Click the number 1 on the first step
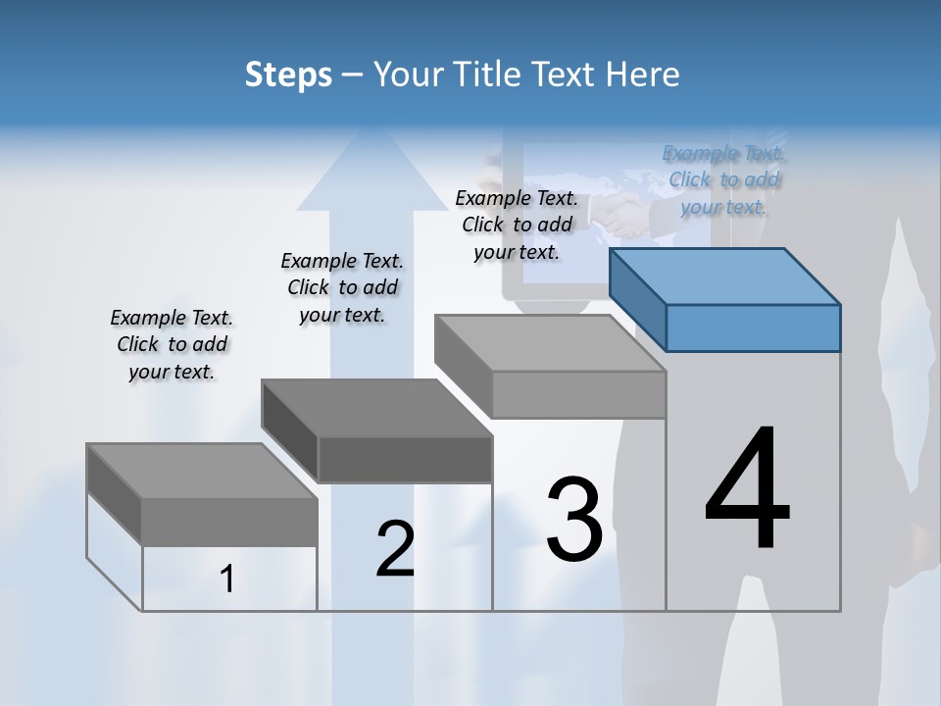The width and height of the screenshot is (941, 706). coord(227,580)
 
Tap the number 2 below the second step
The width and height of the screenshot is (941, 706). coord(395,549)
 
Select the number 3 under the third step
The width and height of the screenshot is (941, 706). coord(573,520)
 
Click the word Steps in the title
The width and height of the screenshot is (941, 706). coord(288,75)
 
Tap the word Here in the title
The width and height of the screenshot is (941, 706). coord(646,75)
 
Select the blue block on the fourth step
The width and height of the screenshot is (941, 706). coord(753,327)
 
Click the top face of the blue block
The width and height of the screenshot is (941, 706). coord(723,275)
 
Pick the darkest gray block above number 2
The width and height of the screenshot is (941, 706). coord(404,459)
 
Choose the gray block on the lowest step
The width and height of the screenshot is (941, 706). coord(229,521)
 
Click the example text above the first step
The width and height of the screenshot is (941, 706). coord(172,344)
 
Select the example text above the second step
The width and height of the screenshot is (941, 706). coord(342,287)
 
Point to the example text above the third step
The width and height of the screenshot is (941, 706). coord(517,225)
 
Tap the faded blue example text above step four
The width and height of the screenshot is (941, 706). coord(724,179)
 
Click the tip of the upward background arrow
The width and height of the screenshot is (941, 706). coord(360,132)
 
